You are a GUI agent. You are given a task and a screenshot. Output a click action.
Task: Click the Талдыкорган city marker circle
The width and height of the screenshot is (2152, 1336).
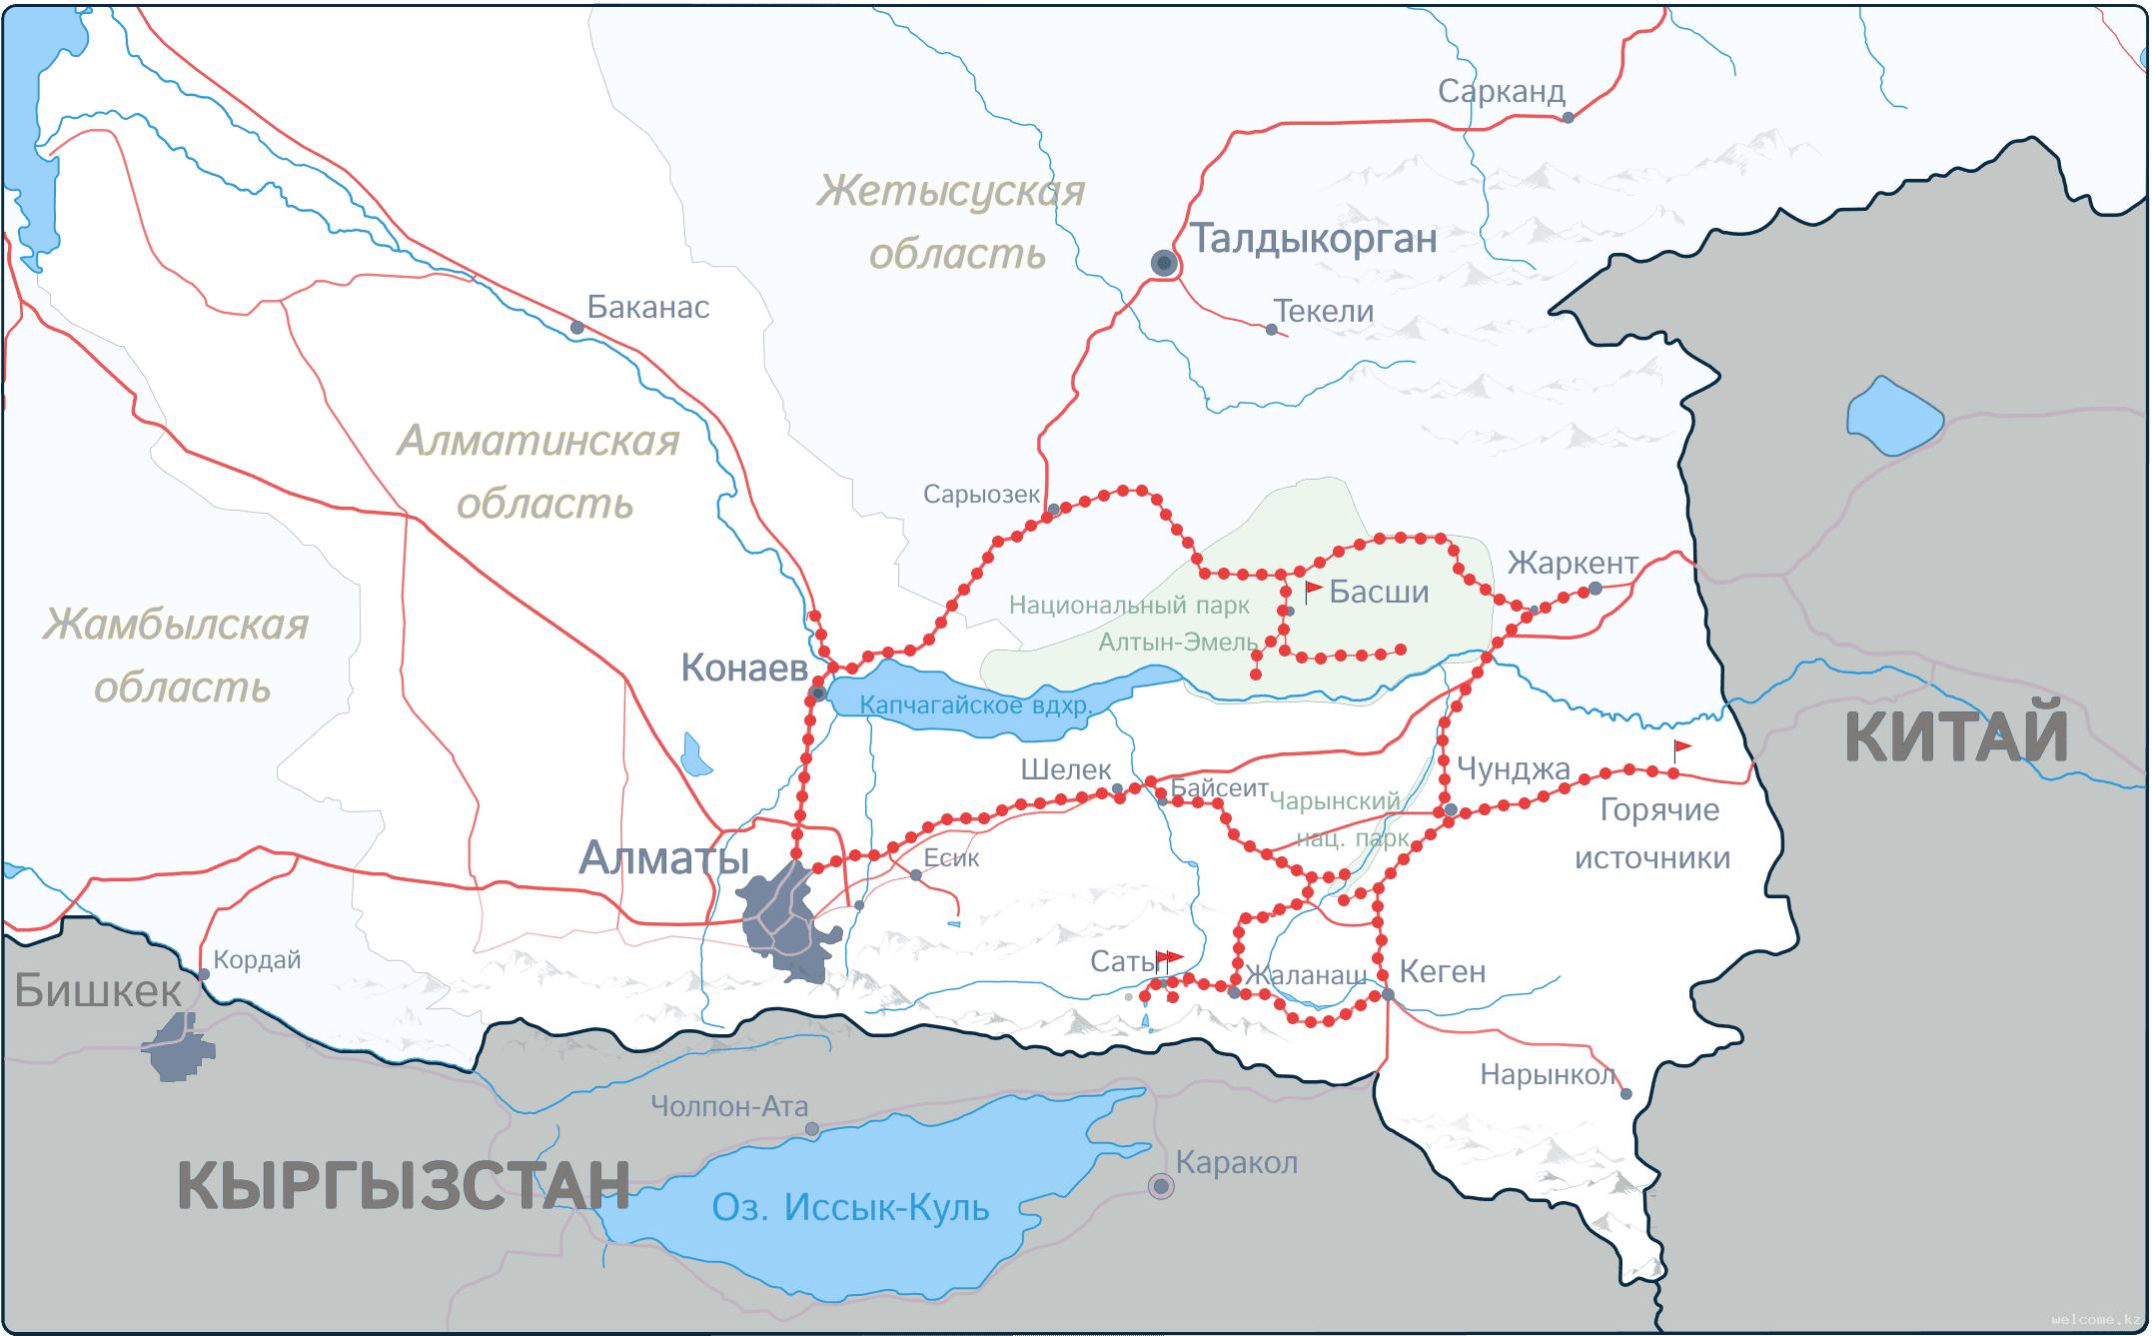click(1163, 263)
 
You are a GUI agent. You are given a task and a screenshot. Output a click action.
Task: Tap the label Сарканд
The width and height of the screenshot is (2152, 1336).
click(1501, 91)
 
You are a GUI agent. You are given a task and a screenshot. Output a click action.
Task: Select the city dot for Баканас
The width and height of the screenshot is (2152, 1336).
click(576, 327)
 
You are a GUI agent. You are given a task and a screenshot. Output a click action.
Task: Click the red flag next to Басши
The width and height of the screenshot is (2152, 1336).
click(1313, 590)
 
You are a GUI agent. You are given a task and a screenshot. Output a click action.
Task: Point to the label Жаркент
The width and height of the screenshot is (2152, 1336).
click(1572, 563)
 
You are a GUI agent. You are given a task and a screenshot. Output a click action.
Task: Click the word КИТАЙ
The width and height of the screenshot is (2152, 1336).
click(1955, 736)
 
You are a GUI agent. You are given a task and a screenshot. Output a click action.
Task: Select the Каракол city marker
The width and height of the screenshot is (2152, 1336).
click(1160, 1186)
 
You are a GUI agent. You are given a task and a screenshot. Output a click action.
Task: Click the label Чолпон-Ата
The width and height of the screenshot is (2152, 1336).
click(728, 1106)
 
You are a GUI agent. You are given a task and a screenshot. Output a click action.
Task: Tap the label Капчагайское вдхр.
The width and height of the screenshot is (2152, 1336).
click(975, 704)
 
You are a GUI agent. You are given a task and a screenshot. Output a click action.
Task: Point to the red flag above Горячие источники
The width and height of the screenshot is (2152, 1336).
click(1681, 747)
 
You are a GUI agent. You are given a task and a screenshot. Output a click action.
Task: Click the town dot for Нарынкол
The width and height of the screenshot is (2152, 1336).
click(1625, 1094)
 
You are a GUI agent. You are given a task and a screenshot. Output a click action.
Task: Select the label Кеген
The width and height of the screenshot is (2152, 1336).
click(1442, 971)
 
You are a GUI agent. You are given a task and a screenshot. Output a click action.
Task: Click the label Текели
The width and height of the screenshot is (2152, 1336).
click(1324, 311)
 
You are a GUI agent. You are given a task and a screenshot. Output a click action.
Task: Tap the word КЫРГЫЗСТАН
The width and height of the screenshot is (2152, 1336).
click(403, 1185)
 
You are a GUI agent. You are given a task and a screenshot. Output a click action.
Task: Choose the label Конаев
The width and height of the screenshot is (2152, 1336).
click(743, 668)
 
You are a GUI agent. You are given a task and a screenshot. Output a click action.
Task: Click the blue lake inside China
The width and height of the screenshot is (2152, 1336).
click(1893, 415)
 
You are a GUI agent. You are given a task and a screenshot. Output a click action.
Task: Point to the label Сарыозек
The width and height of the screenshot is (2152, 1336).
click(980, 494)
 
